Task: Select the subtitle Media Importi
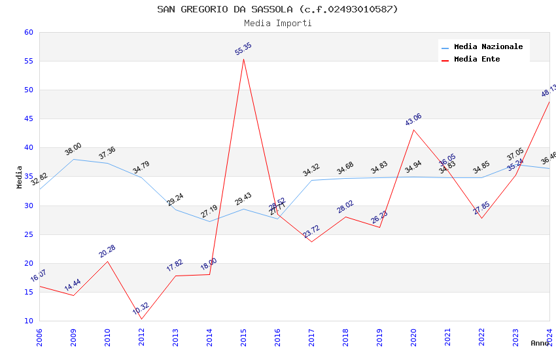tap(277, 23)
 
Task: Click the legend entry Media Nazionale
tap(488, 47)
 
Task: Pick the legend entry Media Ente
tap(477, 60)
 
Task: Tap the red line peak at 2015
tap(243, 59)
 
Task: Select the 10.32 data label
tap(141, 309)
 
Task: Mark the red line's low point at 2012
tap(141, 319)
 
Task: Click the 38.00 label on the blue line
tap(73, 149)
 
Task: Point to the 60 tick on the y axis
tap(28, 33)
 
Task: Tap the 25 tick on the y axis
tap(28, 234)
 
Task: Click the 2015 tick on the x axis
tap(243, 336)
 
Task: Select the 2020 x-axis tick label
tap(413, 336)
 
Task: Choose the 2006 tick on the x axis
tap(39, 336)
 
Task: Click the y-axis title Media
tap(20, 177)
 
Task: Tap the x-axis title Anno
tap(540, 343)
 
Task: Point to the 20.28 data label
tap(107, 251)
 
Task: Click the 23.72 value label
tap(311, 232)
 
